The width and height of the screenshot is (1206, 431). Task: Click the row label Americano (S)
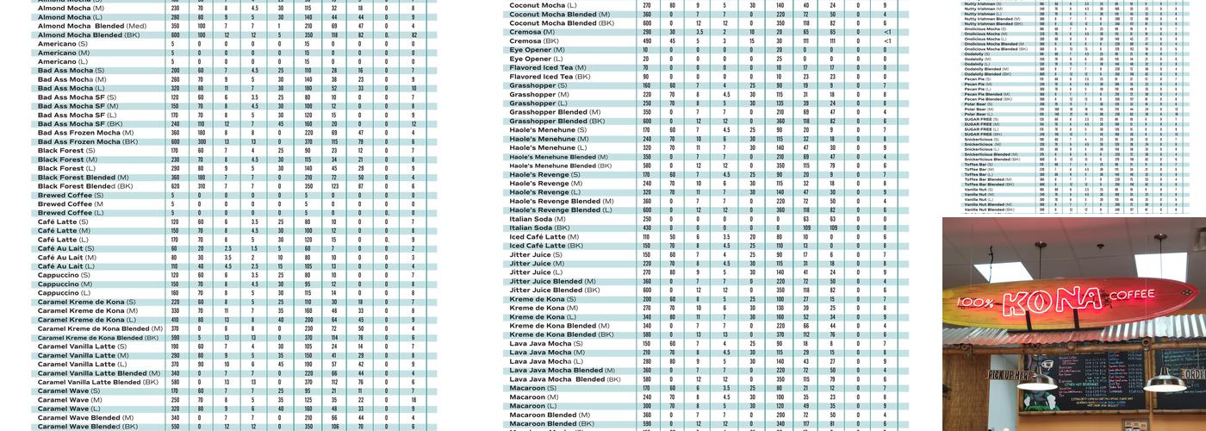62,43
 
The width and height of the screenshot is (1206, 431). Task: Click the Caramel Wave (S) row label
69,390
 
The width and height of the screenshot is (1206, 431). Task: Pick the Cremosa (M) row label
532,32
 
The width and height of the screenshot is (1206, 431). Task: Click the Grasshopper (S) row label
538,85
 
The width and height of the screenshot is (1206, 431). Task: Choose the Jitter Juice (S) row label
536,254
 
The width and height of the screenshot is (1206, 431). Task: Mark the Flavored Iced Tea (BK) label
550,77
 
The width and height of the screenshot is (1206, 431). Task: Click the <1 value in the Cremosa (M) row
887,32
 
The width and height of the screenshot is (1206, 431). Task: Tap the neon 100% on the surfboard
977,303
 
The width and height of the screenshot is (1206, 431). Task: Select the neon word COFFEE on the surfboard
1130,295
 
